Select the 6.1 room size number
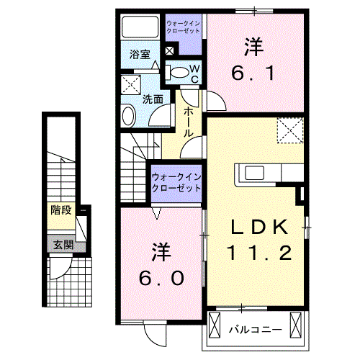pos(252,73)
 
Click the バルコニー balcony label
pos(255,330)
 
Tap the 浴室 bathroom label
pos(139,55)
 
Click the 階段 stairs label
pos(61,210)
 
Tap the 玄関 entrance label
pos(61,244)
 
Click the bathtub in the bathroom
pos(140,28)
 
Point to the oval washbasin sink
pos(128,115)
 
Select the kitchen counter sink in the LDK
pos(255,174)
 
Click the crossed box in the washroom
pos(132,84)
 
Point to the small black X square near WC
pos(169,50)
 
